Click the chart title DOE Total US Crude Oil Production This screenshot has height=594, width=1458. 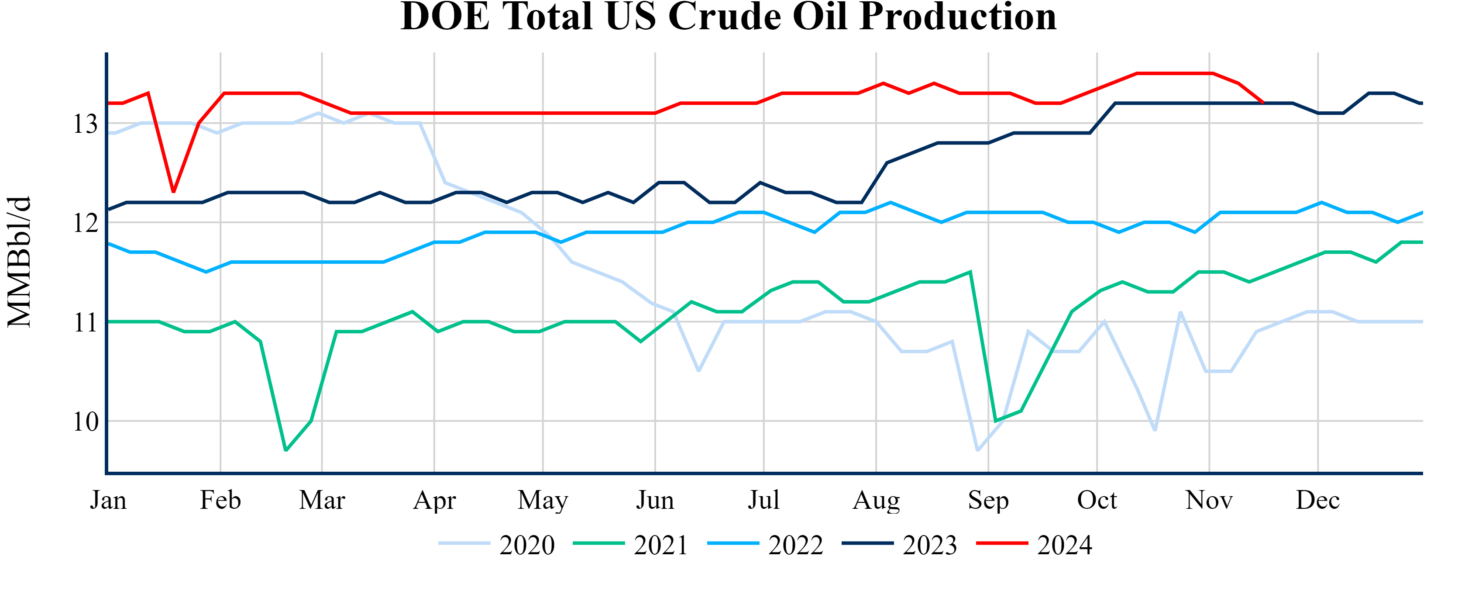(x=729, y=17)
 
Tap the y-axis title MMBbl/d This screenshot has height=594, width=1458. (x=19, y=262)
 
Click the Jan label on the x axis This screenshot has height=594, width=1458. (x=108, y=501)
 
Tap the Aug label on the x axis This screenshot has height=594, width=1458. (x=876, y=501)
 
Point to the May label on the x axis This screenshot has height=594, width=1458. (x=543, y=501)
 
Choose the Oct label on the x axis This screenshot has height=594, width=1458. (x=1097, y=501)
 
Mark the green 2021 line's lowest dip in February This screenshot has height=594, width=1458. (x=286, y=450)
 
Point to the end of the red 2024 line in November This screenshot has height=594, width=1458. (x=1263, y=103)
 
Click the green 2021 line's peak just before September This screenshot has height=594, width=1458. (x=971, y=272)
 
